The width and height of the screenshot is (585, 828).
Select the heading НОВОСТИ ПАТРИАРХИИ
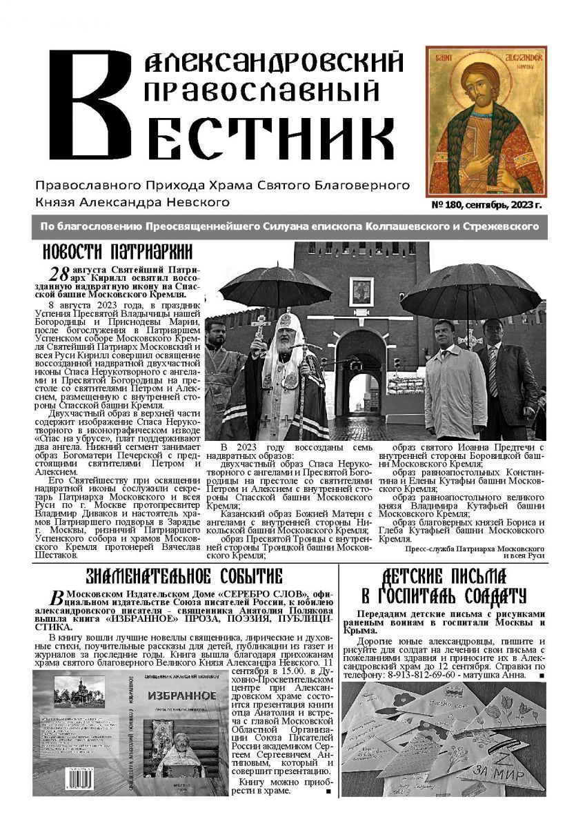pyautogui.click(x=117, y=251)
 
